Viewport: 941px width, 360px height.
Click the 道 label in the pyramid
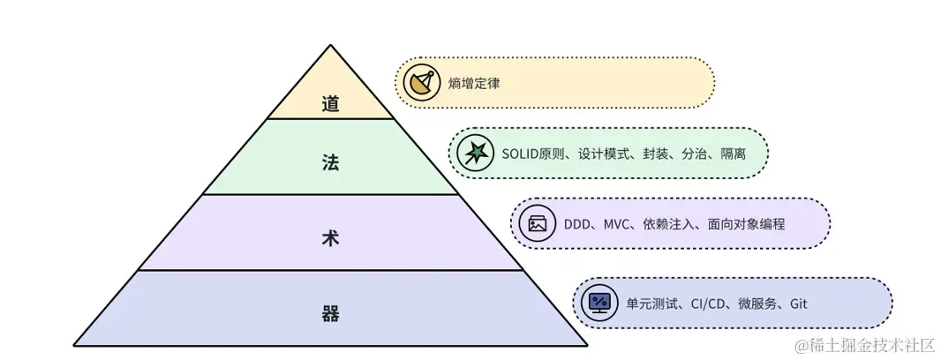[x=330, y=104]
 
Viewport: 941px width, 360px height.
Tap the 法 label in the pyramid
[x=330, y=162]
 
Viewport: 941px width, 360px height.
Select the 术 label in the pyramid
[x=330, y=237]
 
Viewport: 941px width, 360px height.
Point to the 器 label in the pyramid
[x=330, y=313]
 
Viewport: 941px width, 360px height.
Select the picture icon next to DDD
[x=538, y=223]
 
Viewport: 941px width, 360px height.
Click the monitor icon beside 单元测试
[x=599, y=303]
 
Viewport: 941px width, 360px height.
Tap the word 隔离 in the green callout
[x=733, y=154]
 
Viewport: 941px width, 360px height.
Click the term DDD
[x=578, y=224]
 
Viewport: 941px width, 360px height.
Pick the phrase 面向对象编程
[x=746, y=224]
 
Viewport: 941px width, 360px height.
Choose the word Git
[x=798, y=304]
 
